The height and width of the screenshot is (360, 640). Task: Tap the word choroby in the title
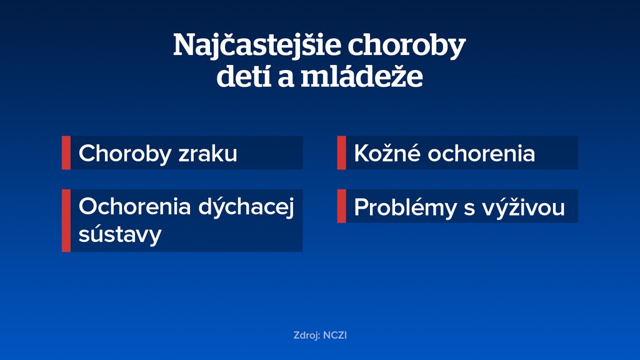click(406, 46)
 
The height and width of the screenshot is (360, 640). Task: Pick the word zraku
click(207, 153)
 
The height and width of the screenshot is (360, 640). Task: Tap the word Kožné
click(387, 153)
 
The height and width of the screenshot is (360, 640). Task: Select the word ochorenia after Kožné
click(481, 153)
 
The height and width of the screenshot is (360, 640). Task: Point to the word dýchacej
click(246, 207)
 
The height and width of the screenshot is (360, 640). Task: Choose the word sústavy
click(120, 234)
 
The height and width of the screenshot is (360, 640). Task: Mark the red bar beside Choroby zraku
click(66, 153)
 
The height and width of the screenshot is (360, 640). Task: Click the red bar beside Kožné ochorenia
click(341, 153)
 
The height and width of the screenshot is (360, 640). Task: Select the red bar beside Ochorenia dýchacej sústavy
click(66, 221)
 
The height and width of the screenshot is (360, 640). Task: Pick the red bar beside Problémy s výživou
click(341, 206)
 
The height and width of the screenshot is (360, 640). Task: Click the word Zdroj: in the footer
click(307, 336)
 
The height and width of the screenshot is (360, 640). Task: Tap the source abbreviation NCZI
click(335, 336)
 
